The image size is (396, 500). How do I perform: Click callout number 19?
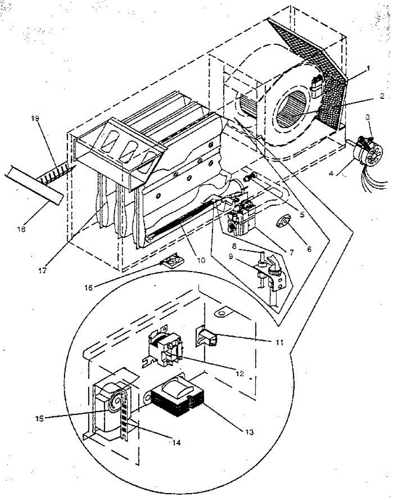[x=35, y=118]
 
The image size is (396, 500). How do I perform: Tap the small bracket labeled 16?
[x=170, y=262]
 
